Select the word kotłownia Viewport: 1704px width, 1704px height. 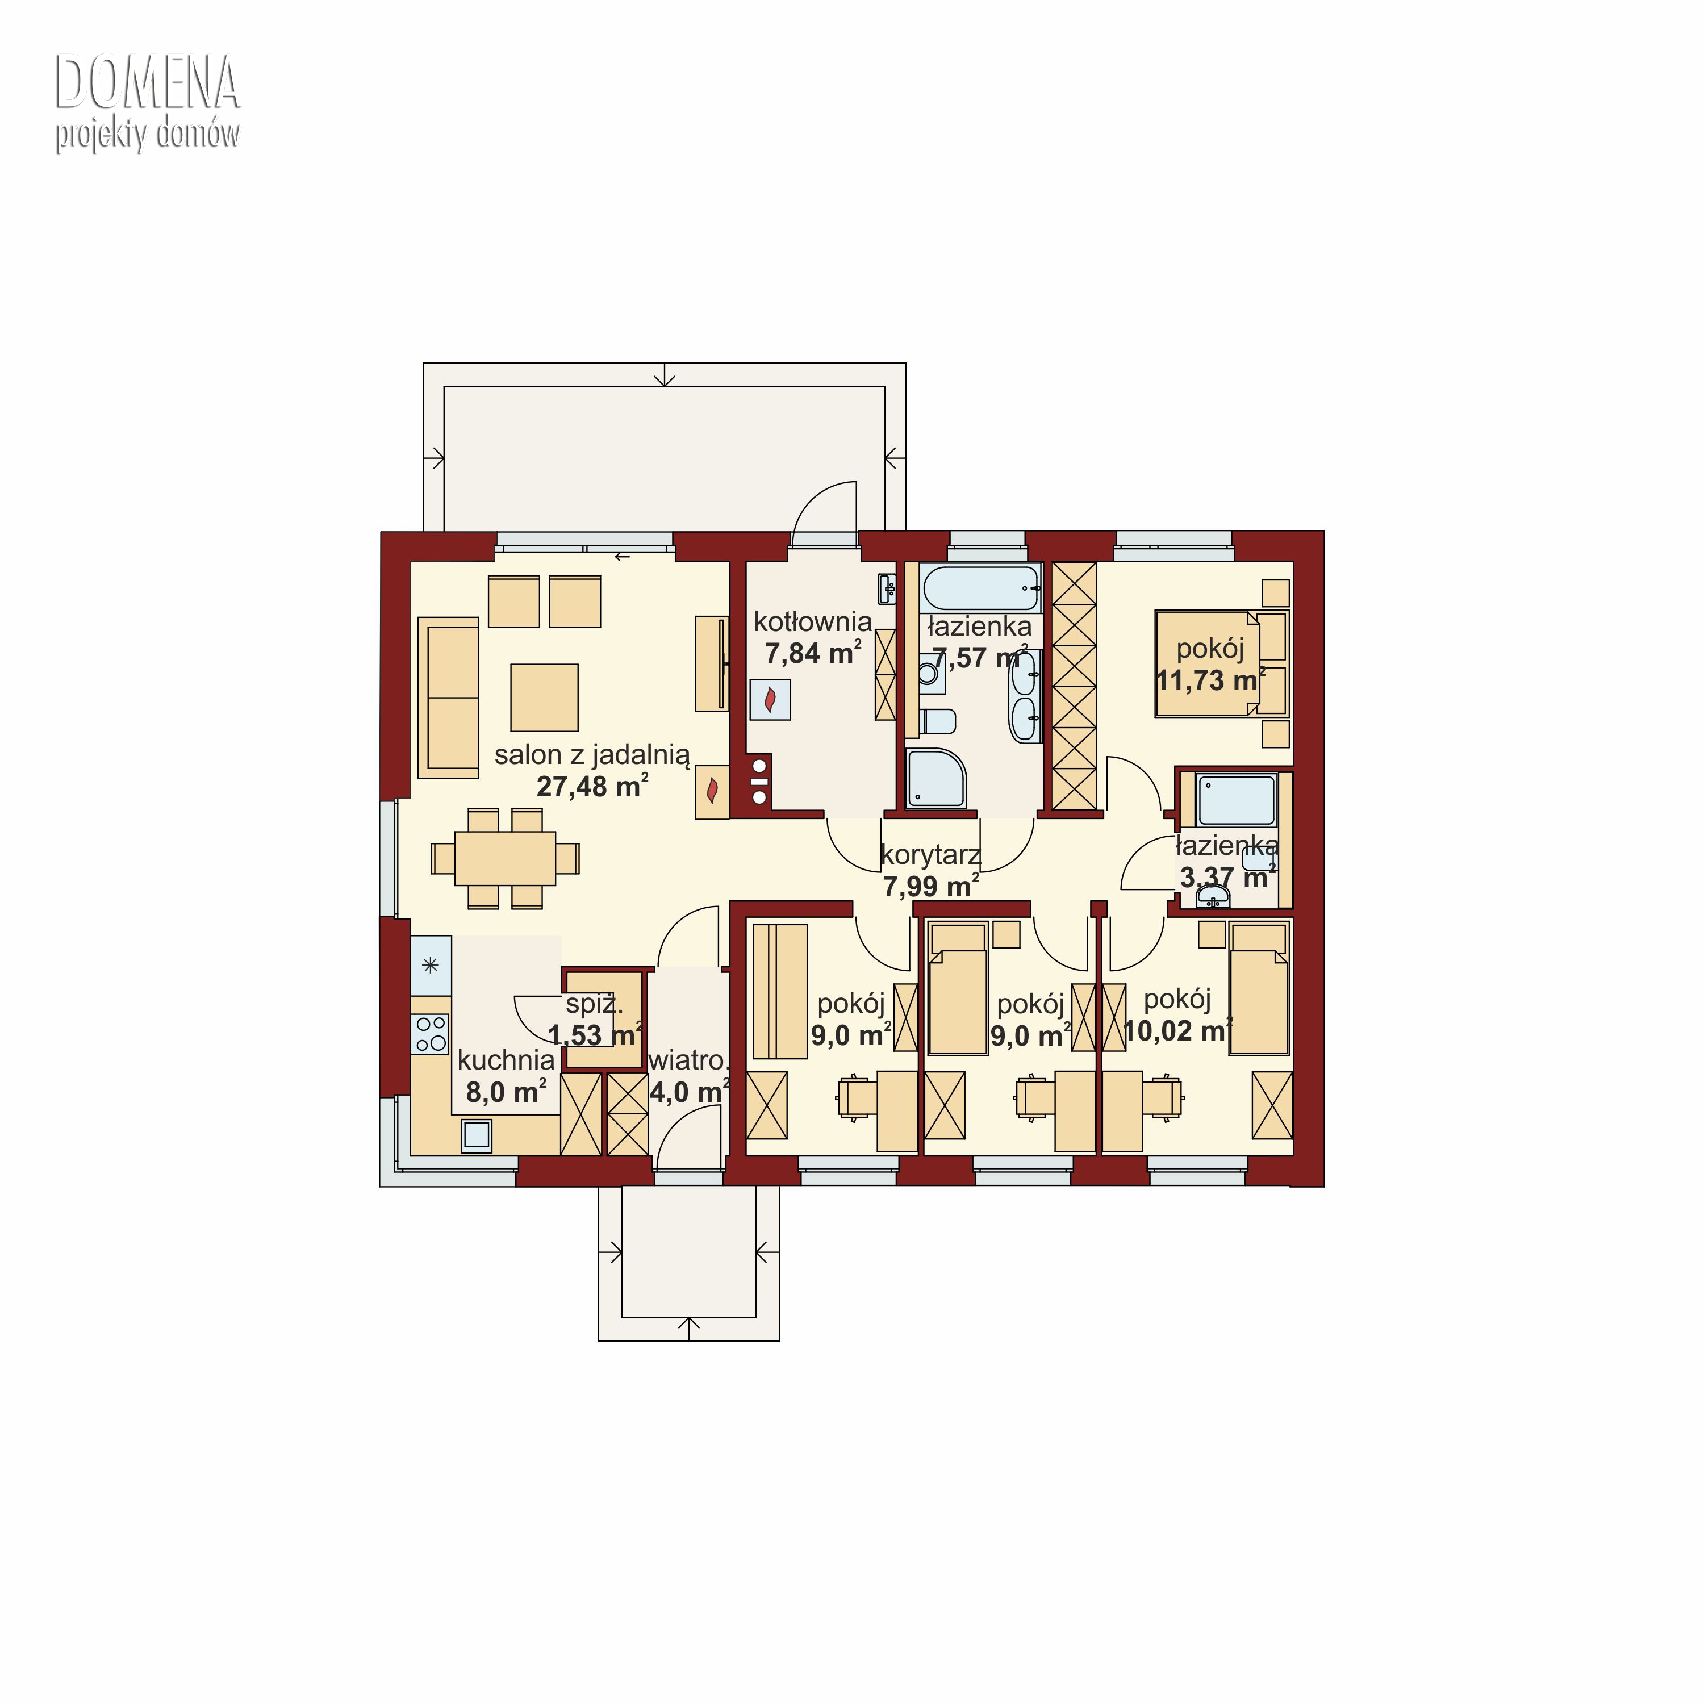click(x=812, y=622)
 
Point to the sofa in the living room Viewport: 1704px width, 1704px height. click(x=448, y=698)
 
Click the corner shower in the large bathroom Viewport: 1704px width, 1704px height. click(x=936, y=778)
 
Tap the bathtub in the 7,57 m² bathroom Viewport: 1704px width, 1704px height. click(x=979, y=587)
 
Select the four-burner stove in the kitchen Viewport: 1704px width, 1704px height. click(x=431, y=1034)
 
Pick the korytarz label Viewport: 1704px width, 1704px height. click(x=930, y=855)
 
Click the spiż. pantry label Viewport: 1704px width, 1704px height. click(x=595, y=1004)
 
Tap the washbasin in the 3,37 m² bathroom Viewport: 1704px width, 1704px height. click(x=1213, y=897)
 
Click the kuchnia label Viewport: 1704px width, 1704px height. click(x=506, y=1060)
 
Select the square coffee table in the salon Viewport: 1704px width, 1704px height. click(x=544, y=698)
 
